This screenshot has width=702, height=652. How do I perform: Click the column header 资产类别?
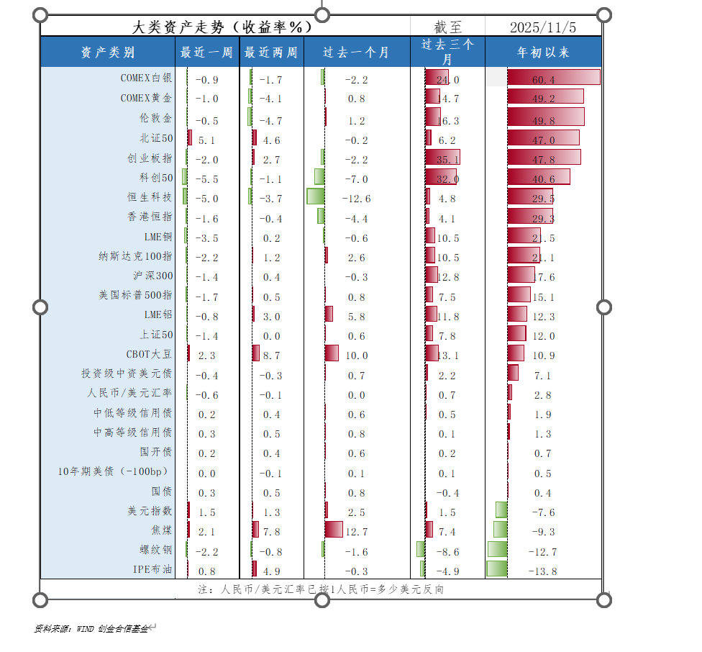click(107, 53)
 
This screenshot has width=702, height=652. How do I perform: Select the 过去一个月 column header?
click(356, 53)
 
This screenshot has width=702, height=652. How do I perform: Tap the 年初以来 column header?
click(543, 53)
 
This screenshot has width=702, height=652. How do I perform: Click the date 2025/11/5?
click(543, 27)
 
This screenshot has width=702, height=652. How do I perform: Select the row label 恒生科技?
click(150, 197)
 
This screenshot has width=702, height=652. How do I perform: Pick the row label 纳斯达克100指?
click(135, 256)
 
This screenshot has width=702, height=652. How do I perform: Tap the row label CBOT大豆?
click(149, 354)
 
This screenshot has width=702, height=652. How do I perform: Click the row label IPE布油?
click(152, 570)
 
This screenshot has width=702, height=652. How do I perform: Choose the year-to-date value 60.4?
click(543, 79)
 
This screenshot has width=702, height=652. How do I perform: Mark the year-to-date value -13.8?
click(543, 571)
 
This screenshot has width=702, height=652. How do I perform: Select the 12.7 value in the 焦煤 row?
click(356, 532)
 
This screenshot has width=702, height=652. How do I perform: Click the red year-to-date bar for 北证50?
click(543, 138)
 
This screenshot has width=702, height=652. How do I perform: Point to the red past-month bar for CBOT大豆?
click(332, 353)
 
